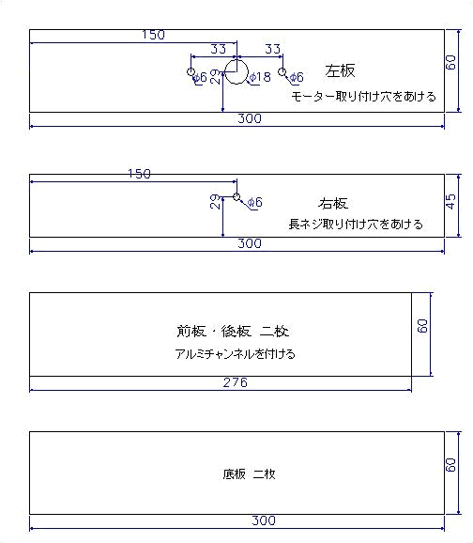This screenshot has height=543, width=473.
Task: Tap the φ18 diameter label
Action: [260, 77]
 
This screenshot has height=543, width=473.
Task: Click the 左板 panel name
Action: [340, 70]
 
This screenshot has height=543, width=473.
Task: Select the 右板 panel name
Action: [333, 203]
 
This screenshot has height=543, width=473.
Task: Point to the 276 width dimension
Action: [236, 382]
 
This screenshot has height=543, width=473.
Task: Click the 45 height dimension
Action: [450, 201]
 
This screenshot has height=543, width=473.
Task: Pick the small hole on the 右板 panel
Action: [236, 196]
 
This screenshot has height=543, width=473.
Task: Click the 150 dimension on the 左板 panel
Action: [153, 35]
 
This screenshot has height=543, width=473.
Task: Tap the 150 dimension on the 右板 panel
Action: [139, 174]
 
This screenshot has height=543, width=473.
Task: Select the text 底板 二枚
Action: [249, 473]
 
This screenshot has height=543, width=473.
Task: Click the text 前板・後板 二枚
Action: [233, 331]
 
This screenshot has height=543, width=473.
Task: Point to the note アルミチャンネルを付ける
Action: [235, 354]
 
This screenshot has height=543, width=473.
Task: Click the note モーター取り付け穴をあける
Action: [363, 96]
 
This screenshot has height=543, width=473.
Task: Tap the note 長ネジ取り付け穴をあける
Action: [356, 224]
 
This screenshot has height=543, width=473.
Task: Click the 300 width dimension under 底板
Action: [264, 520]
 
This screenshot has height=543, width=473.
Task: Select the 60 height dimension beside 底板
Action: [450, 465]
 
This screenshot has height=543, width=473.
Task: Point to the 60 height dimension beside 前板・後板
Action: [422, 326]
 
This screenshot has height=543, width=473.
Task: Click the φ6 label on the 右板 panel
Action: [255, 202]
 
